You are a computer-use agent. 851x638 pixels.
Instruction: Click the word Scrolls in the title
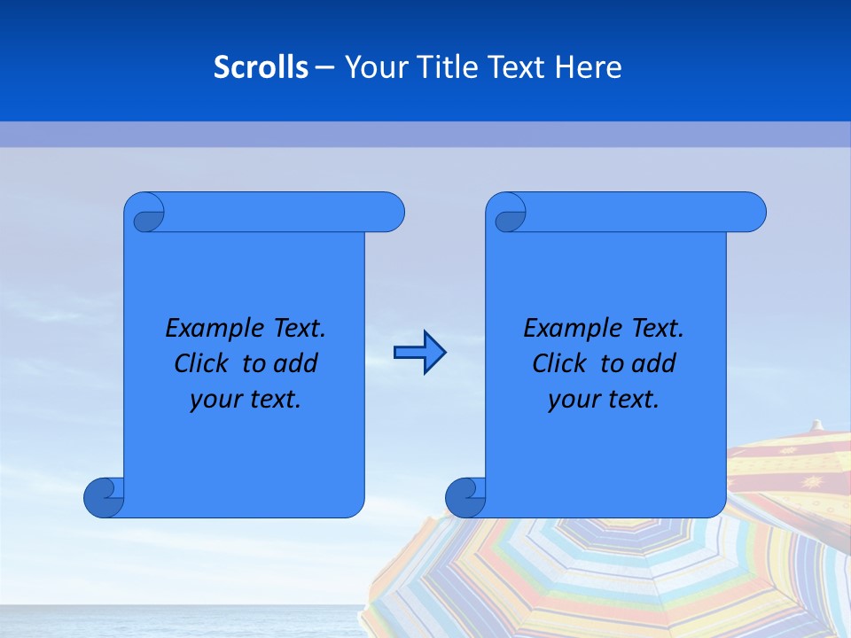pyautogui.click(x=261, y=66)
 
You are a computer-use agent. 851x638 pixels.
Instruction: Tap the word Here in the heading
pyautogui.click(x=589, y=66)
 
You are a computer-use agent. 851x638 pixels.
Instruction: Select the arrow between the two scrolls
pyautogui.click(x=419, y=353)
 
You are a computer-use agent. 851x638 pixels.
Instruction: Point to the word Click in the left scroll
pyautogui.click(x=203, y=363)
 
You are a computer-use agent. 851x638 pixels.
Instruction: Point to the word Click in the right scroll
pyautogui.click(x=561, y=363)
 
